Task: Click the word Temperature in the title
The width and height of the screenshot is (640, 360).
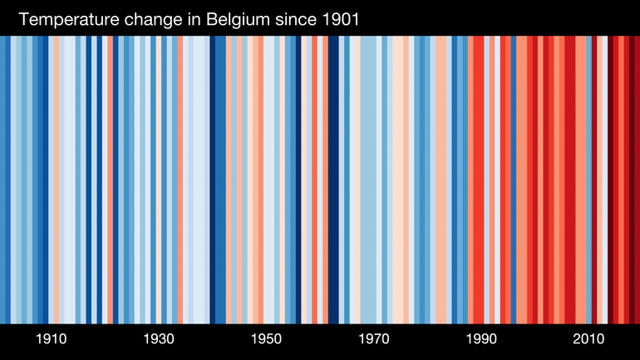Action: click(66, 19)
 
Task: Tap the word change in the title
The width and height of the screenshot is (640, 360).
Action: click(151, 19)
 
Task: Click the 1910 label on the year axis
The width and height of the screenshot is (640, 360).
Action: click(52, 339)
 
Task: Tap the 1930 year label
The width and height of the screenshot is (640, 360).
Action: click(159, 339)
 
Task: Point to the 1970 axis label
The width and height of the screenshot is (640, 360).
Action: click(374, 339)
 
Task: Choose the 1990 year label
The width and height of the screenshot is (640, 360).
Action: click(481, 339)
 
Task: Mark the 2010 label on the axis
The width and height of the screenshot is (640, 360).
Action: click(588, 339)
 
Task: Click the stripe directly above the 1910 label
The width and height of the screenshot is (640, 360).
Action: click(52, 179)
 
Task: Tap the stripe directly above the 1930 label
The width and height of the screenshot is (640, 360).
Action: click(159, 179)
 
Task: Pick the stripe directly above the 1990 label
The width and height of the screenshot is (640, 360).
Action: click(481, 179)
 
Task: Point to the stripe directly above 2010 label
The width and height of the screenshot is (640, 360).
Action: click(588, 179)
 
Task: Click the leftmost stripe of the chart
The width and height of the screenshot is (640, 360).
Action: click(2, 179)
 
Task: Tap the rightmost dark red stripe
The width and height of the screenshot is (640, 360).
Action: click(635, 179)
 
